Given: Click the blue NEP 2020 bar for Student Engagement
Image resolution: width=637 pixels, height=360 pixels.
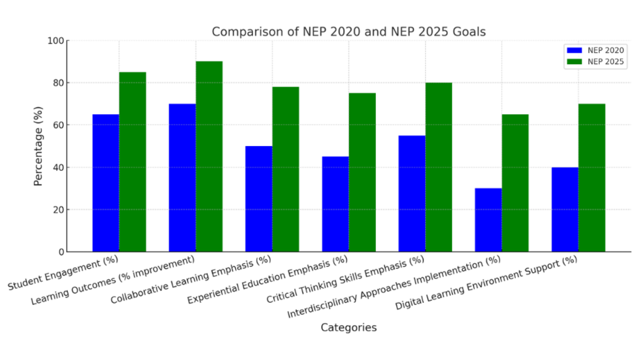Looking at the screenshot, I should click(x=106, y=183).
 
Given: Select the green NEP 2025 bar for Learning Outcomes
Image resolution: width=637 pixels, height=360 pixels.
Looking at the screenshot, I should click(x=209, y=157).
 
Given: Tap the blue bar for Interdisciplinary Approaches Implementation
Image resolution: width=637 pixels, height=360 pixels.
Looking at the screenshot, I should click(x=488, y=220).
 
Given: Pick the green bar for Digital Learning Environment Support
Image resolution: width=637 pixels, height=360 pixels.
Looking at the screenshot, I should click(x=592, y=178).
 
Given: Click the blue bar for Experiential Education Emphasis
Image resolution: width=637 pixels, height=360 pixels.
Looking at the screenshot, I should click(x=335, y=204).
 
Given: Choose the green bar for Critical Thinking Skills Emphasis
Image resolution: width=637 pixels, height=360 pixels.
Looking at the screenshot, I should click(x=438, y=167).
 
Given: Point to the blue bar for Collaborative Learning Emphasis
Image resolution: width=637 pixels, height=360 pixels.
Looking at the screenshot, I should click(x=259, y=199).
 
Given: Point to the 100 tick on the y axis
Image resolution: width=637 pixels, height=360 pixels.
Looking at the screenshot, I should click(x=55, y=41).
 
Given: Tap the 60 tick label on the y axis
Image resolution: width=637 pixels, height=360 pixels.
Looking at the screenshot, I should click(x=58, y=125).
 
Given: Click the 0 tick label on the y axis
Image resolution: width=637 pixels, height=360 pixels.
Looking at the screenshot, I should click(x=61, y=252).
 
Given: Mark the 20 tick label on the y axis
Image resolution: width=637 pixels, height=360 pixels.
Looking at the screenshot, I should click(x=58, y=210).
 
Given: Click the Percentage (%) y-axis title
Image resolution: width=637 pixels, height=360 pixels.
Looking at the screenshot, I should click(x=39, y=146).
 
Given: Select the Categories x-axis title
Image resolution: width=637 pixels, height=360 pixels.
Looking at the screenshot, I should click(x=348, y=328).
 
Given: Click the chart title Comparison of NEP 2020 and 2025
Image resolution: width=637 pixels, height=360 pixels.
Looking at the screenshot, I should click(x=348, y=32).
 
